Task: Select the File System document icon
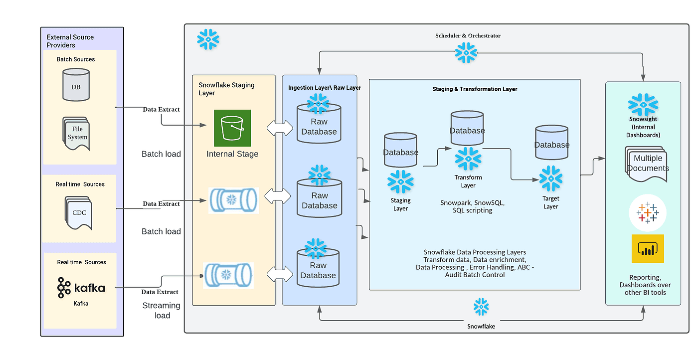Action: pyautogui.click(x=76, y=133)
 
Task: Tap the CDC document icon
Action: pyautogui.click(x=78, y=213)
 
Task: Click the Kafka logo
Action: pyautogui.click(x=81, y=288)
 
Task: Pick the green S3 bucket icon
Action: pyautogui.click(x=232, y=128)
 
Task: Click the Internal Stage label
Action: pyautogui.click(x=232, y=154)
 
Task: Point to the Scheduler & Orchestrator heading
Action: pyautogui.click(x=468, y=36)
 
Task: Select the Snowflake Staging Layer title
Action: pyautogui.click(x=226, y=89)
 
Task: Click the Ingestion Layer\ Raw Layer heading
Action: pyautogui.click(x=325, y=88)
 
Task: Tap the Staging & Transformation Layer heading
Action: pyautogui.click(x=475, y=89)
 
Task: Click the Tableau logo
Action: pyautogui.click(x=648, y=212)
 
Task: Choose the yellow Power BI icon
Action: pyautogui.click(x=648, y=249)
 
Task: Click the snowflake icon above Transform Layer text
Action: pyautogui.click(x=468, y=159)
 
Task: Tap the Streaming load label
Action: pyautogui.click(x=161, y=310)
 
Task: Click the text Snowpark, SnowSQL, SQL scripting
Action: pyautogui.click(x=472, y=206)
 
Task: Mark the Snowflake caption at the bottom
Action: pyautogui.click(x=481, y=326)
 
